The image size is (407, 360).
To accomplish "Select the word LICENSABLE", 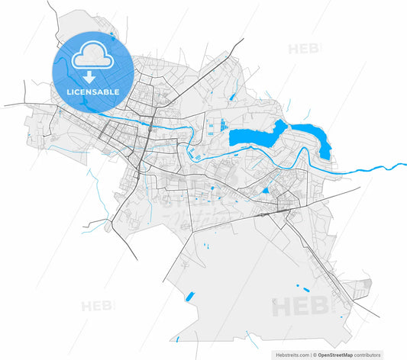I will coord(93,91).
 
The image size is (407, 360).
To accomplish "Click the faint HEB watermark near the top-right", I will coord(304,50).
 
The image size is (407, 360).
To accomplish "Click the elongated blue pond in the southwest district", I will coord(189,295).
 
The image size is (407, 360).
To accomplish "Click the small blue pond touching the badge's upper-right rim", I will coord(112,34).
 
